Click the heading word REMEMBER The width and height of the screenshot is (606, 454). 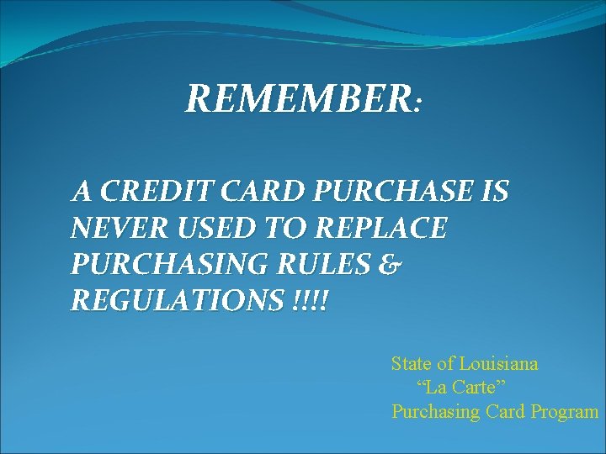[298, 99]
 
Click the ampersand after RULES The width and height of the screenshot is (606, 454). [391, 265]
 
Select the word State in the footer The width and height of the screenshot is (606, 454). [411, 364]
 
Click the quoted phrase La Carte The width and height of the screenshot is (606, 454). [460, 388]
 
